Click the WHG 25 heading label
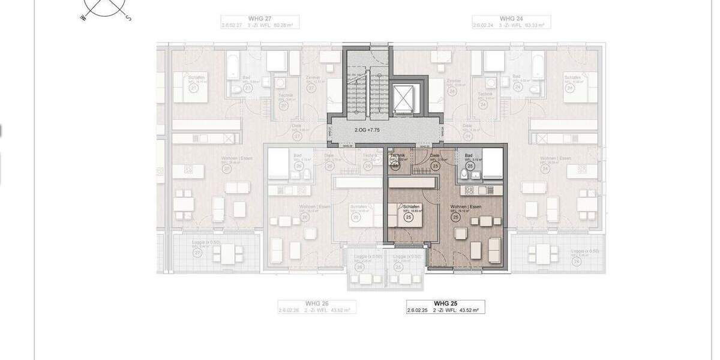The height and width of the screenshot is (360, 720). [x=445, y=304]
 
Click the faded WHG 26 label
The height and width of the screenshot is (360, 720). [x=317, y=304]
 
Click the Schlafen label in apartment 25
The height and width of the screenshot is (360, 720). [x=411, y=206]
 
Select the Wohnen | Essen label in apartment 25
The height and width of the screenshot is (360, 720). [x=466, y=206]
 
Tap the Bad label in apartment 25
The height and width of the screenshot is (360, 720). [x=468, y=155]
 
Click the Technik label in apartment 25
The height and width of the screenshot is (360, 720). [x=397, y=155]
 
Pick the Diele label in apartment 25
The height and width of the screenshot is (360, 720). [x=435, y=155]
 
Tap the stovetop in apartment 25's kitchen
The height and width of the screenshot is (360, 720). [x=469, y=190]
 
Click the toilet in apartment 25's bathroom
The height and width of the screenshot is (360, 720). [x=464, y=175]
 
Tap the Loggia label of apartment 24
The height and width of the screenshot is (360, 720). [x=577, y=250]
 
